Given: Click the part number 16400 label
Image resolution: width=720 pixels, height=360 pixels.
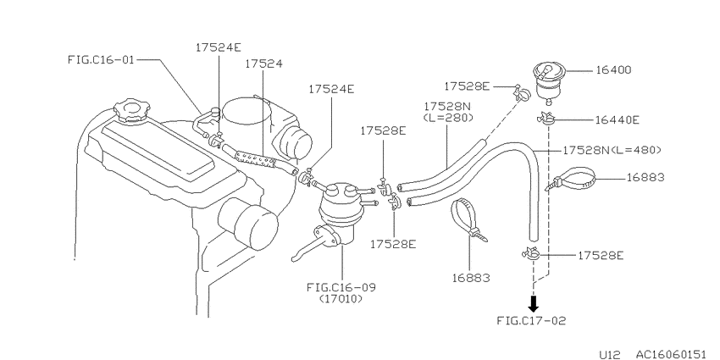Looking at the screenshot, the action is pyautogui.click(x=613, y=70).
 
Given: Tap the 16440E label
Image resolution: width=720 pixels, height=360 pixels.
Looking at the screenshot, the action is pyautogui.click(x=618, y=119).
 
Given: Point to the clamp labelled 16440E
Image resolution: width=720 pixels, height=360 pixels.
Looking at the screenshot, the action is pyautogui.click(x=546, y=119).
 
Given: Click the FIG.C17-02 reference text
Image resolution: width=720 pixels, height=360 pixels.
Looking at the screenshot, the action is pyautogui.click(x=531, y=320).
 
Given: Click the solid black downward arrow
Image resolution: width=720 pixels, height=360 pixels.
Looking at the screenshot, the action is pyautogui.click(x=533, y=303).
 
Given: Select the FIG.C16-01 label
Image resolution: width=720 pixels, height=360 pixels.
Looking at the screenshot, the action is pyautogui.click(x=101, y=59).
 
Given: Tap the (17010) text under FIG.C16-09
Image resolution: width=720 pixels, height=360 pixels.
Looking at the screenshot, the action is pyautogui.click(x=341, y=299).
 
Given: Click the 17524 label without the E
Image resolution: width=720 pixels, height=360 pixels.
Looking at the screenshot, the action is pyautogui.click(x=263, y=64).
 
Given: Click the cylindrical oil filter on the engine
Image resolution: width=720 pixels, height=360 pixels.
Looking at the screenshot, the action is pyautogui.click(x=248, y=224).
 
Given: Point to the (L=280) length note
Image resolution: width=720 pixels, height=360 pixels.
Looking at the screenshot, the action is pyautogui.click(x=448, y=118).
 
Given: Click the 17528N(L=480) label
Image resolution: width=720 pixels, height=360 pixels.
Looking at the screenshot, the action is pyautogui.click(x=612, y=150).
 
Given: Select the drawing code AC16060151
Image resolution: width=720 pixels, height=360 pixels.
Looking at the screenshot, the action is pyautogui.click(x=670, y=354).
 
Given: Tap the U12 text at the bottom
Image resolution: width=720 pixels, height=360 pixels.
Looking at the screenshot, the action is pyautogui.click(x=610, y=354).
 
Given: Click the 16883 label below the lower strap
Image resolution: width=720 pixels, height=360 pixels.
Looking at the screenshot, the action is pyautogui.click(x=471, y=278).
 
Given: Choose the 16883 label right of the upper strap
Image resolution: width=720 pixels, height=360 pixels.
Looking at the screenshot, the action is pyautogui.click(x=645, y=177).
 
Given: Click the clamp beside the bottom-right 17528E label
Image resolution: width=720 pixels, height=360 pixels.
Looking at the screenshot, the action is pyautogui.click(x=532, y=254).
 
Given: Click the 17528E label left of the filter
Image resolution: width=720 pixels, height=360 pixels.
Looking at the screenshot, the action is pyautogui.click(x=467, y=86).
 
